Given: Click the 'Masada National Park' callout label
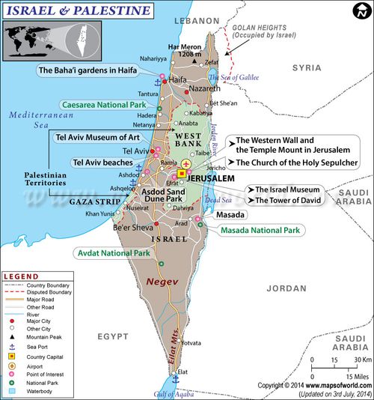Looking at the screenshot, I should point(260,230).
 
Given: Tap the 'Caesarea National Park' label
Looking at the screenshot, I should point(104,106).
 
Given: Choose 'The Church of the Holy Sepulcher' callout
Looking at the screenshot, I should point(297,162).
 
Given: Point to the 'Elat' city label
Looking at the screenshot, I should point(183,372).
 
